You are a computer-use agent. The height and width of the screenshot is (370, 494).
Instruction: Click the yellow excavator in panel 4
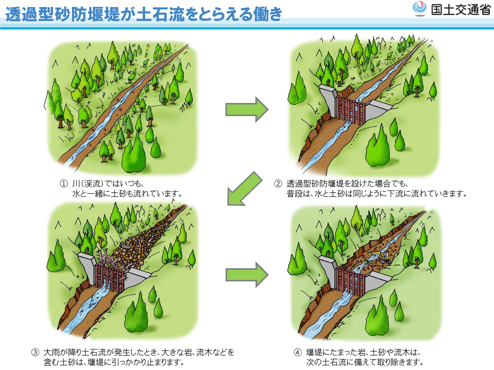[x=379, y=257]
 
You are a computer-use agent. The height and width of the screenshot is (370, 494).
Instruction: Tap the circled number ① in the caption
[x=64, y=184]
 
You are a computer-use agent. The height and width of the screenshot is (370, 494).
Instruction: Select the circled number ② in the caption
[x=278, y=184]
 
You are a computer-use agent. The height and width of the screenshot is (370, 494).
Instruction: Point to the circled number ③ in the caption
[x=35, y=352]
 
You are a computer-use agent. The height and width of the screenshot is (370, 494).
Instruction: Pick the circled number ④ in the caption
[x=298, y=352]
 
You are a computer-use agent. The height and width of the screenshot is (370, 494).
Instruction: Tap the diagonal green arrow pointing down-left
[x=244, y=189]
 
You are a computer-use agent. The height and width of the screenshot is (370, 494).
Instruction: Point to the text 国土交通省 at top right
[x=461, y=10]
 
